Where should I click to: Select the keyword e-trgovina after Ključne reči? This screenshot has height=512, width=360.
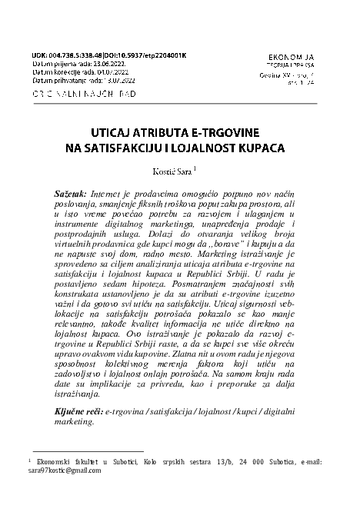coord(125,413)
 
